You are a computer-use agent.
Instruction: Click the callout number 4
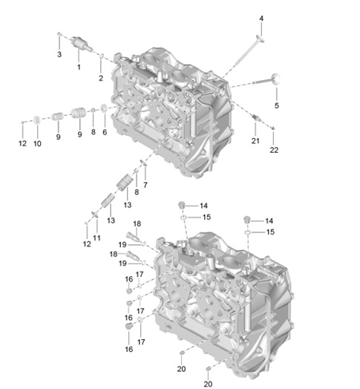261,19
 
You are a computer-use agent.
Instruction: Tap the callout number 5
277,105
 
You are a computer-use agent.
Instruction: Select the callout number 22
274,150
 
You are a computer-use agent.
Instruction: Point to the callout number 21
255,140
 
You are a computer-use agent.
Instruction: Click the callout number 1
79,67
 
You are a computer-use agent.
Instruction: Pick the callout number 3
59,54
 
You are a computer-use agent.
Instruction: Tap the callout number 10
37,143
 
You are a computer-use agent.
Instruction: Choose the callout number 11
96,238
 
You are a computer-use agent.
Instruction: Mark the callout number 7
145,185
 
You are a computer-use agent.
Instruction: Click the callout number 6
105,132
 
